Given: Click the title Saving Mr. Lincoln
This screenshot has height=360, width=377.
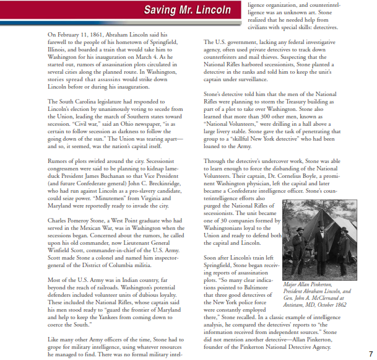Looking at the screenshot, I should pos(187,10).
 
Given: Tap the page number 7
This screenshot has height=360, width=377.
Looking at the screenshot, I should pos(370,354).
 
